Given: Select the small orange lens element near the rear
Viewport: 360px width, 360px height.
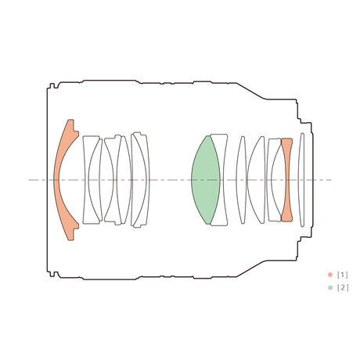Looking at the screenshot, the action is tap(287, 180).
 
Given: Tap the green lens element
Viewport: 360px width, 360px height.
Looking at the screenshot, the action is tap(206, 180).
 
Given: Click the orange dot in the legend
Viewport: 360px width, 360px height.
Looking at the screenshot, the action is tap(330, 275).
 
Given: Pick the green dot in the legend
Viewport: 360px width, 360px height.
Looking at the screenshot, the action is tap(330, 288).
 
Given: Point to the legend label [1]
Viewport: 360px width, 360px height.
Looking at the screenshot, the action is tap(343, 275).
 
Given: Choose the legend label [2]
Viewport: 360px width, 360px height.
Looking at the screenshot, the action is tap(343, 288).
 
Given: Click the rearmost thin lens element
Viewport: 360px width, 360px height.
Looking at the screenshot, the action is tap(301, 180).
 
